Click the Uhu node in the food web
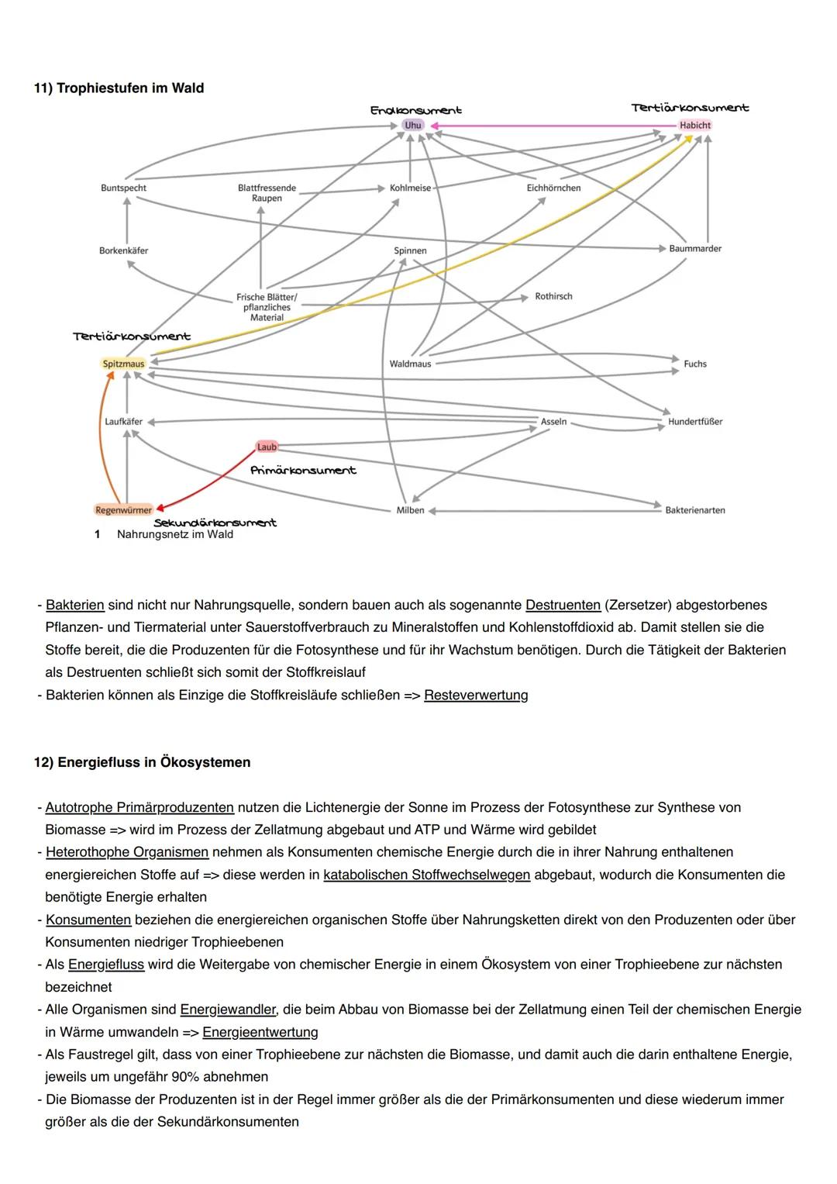point(413,125)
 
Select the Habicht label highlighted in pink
point(694,125)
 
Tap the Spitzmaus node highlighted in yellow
point(123,364)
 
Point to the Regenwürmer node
point(123,510)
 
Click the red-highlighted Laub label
point(267,447)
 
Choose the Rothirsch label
point(553,297)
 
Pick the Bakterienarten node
point(694,510)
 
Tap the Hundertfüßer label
point(694,422)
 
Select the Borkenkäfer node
point(123,251)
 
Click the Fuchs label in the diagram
point(694,364)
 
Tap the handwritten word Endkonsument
point(415,111)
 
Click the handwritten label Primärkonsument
point(303,471)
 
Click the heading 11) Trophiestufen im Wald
point(119,88)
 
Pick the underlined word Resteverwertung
point(476,696)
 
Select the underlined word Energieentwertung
point(260,1032)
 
